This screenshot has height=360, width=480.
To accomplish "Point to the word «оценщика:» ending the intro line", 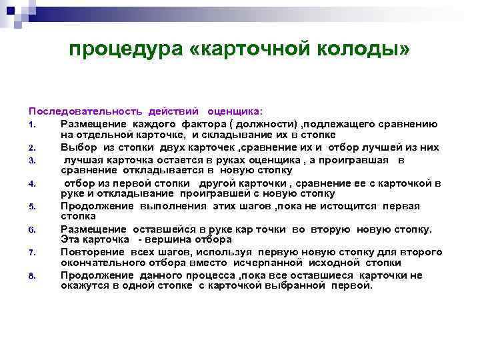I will click(235, 110).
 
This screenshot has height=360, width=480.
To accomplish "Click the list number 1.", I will click(31, 124).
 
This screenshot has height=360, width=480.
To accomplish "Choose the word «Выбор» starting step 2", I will click(76, 147).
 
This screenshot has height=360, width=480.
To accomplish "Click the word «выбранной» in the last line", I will click(296, 285).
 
